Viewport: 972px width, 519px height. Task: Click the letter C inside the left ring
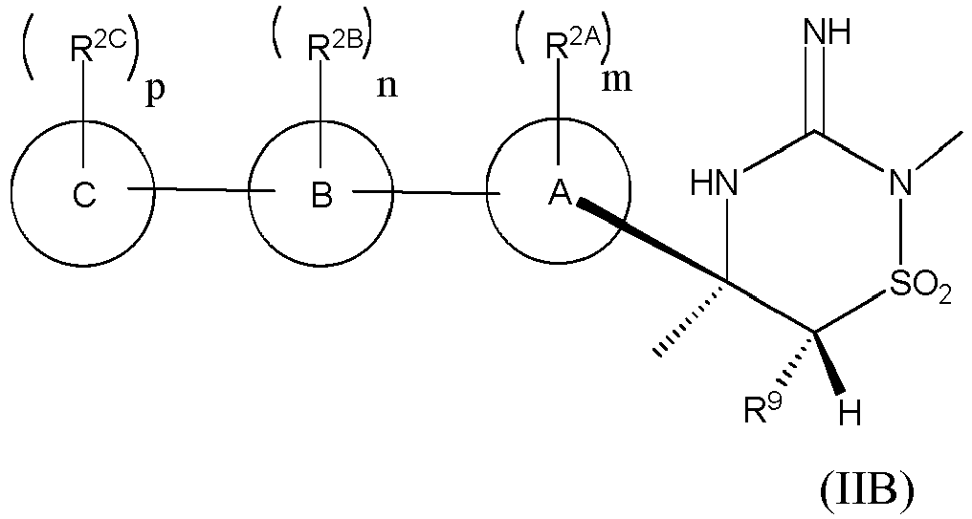[84, 195]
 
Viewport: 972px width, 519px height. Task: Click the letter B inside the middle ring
[321, 195]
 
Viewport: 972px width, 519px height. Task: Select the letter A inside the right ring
[559, 195]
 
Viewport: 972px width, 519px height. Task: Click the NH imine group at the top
[828, 32]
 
